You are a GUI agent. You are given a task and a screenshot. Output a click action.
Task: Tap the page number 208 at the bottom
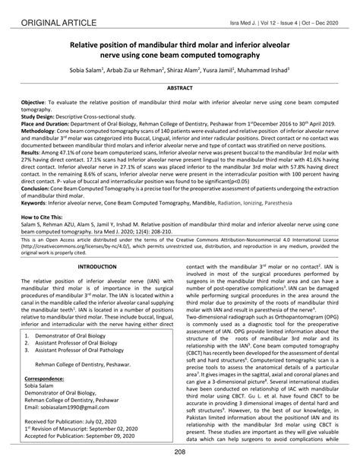tap(180, 454)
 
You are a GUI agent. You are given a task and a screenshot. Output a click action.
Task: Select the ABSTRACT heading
tap(179, 89)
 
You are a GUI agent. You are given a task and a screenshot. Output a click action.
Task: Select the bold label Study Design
tap(37, 116)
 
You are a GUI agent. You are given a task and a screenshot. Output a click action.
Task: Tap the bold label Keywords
tap(35, 201)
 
